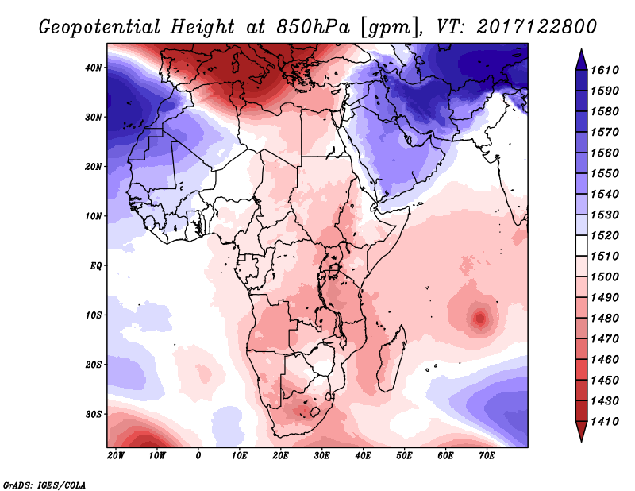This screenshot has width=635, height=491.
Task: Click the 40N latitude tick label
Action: tap(94, 68)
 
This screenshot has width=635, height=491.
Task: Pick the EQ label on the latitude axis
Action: tap(97, 265)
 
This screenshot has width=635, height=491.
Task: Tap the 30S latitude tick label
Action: tap(94, 414)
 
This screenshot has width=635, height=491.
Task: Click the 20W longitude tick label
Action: tap(115, 456)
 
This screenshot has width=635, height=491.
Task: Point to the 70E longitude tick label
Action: tap(487, 456)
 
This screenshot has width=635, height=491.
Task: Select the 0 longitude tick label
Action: tap(198, 456)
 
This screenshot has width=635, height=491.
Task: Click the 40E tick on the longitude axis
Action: tap(363, 456)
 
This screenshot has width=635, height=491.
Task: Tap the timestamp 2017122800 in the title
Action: tap(538, 26)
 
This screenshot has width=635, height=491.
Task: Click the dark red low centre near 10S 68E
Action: tap(479, 319)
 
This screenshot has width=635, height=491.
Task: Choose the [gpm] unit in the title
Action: tap(387, 26)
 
